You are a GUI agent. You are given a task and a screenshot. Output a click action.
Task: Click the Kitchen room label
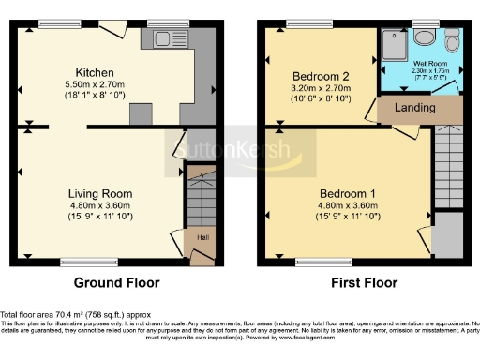click(95, 72)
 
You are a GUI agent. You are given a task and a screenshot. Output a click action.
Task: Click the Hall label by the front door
click(202, 237)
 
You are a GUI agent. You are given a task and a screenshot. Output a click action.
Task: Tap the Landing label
click(414, 108)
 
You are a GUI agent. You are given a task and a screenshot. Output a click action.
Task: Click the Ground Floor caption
click(116, 282)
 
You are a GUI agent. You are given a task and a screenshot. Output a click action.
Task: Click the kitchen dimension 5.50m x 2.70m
click(95, 84)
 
